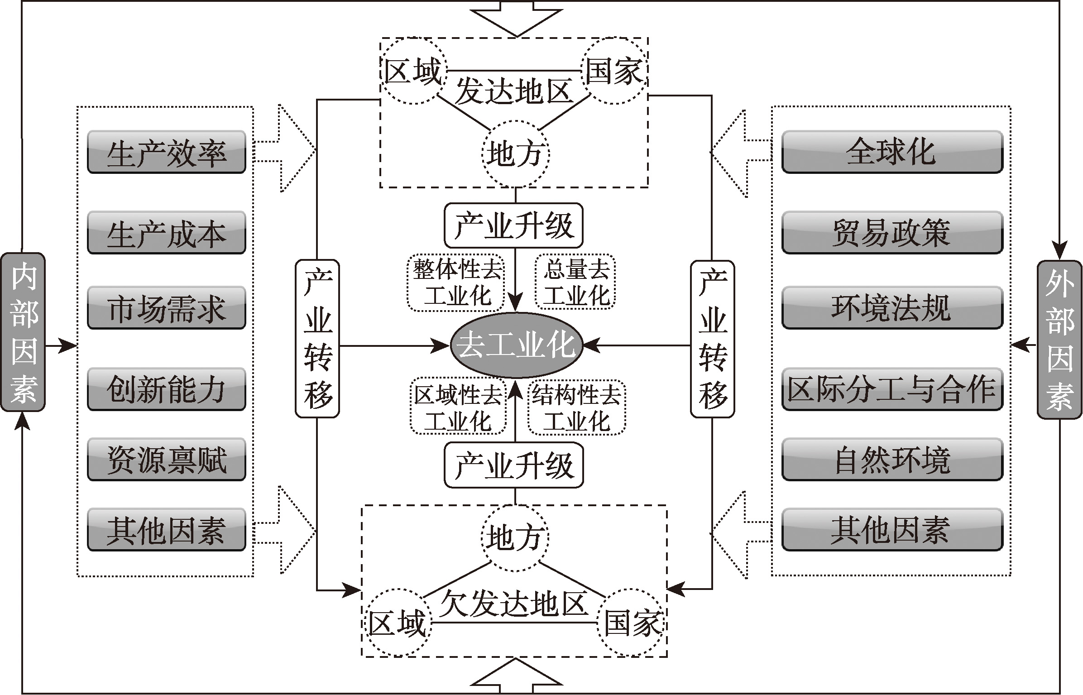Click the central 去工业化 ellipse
click(516, 345)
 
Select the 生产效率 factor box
click(167, 153)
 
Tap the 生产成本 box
click(167, 233)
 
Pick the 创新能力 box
click(167, 389)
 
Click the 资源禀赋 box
click(167, 460)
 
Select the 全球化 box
click(892, 153)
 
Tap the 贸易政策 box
click(892, 233)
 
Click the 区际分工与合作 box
click(892, 389)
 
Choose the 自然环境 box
click(892, 460)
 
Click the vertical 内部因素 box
click(24, 332)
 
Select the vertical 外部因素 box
click(1059, 340)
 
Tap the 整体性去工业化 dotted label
click(456, 283)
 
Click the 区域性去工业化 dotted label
click(457, 407)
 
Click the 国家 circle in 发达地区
click(614, 71)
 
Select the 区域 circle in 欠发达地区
click(397, 623)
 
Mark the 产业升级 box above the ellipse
click(513, 225)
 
